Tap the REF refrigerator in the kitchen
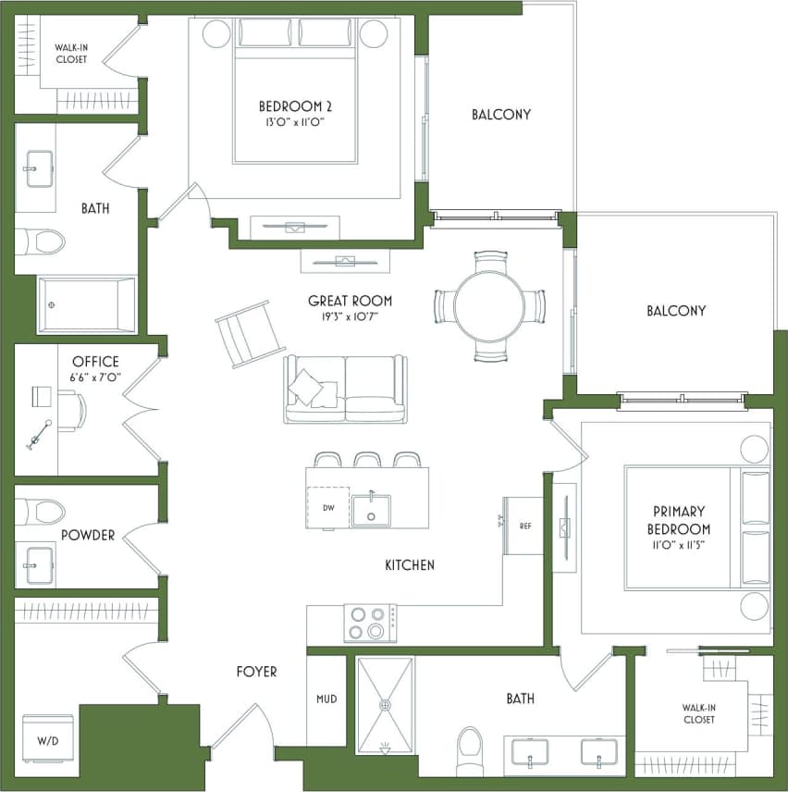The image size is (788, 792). click(x=523, y=526)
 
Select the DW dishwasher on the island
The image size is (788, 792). click(x=327, y=507)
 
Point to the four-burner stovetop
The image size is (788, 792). click(x=370, y=622)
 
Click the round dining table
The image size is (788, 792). click(x=489, y=306)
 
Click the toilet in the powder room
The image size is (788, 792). click(x=42, y=511)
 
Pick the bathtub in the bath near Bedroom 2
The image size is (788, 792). click(x=86, y=304)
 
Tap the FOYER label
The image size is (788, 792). click(x=256, y=672)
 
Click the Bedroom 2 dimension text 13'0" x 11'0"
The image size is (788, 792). click(x=295, y=121)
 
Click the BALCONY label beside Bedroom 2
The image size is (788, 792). click(x=500, y=115)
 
